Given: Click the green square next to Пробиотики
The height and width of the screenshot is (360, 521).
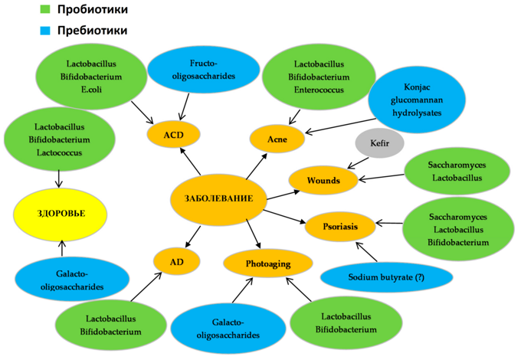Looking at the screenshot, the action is [45, 9].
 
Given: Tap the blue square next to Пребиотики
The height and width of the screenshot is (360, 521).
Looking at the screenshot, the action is [45, 31].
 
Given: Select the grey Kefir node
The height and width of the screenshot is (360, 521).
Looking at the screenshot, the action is [379, 143].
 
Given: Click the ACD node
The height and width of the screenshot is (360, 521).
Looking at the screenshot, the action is [173, 135].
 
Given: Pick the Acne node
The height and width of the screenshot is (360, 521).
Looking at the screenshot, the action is [277, 139].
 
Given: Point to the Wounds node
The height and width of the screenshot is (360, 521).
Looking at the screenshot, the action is [323, 180].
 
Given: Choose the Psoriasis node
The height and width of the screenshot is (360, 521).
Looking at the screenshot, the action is [340, 227].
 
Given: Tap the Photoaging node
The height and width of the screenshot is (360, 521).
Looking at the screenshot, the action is [268, 263].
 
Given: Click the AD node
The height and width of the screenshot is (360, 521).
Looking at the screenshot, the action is [177, 262].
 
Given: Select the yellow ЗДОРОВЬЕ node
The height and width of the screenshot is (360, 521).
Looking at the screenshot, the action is [61, 213].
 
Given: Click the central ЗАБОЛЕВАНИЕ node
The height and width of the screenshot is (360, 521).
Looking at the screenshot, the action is [218, 198].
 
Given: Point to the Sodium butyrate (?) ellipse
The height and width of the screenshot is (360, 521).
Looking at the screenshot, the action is [386, 277].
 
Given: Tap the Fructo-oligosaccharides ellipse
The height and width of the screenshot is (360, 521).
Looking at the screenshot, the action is [203, 70].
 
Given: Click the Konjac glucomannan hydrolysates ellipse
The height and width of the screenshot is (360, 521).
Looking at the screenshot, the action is [417, 100].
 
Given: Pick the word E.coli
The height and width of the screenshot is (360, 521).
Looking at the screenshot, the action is [91, 90].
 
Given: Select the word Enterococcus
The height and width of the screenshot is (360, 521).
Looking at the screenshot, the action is [319, 90].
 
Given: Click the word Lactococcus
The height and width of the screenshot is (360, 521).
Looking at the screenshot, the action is [59, 152].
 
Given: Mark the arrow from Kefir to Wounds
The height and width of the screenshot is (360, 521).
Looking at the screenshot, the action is [358, 163].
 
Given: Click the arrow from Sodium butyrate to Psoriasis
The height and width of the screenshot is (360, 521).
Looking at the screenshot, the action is [366, 251].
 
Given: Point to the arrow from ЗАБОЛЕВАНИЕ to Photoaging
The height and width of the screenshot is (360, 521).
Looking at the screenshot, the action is [253, 234].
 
